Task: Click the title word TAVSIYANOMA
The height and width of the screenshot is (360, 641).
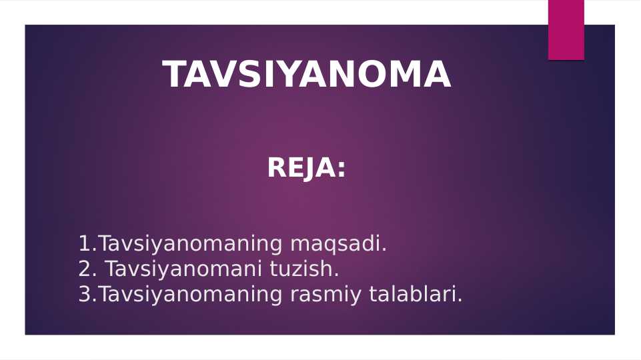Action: pos(307,74)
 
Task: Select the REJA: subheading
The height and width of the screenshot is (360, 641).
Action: pos(306,168)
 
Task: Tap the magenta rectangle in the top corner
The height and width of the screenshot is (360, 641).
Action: pos(566,29)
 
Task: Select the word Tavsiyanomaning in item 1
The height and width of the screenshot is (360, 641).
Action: pos(190,244)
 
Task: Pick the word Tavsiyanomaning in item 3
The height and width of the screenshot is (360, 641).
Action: pos(190,295)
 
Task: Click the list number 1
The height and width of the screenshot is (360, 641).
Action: pos(84,244)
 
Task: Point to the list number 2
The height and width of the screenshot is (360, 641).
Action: pos(84,269)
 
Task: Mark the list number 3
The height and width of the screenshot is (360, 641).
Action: pos(84,295)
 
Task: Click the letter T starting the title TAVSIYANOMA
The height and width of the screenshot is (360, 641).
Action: pos(175,74)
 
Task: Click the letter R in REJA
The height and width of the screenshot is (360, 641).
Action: pos(277,168)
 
